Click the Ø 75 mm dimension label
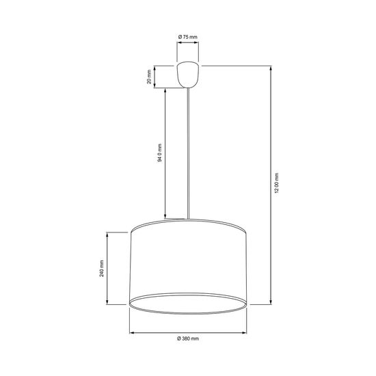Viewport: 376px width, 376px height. [x=188, y=37]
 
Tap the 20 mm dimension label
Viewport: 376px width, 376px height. [x=149, y=77]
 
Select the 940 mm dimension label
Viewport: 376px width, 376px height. [x=160, y=152]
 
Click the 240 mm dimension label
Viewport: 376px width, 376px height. [x=102, y=269]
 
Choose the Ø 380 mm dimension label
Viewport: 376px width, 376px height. [x=188, y=338]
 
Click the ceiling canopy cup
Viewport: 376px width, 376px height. [x=188, y=75]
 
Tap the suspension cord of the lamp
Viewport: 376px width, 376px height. [x=188, y=153]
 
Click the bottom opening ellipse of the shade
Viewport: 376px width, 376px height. [x=188, y=304]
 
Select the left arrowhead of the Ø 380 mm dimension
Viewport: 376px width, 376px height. [x=132, y=333]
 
